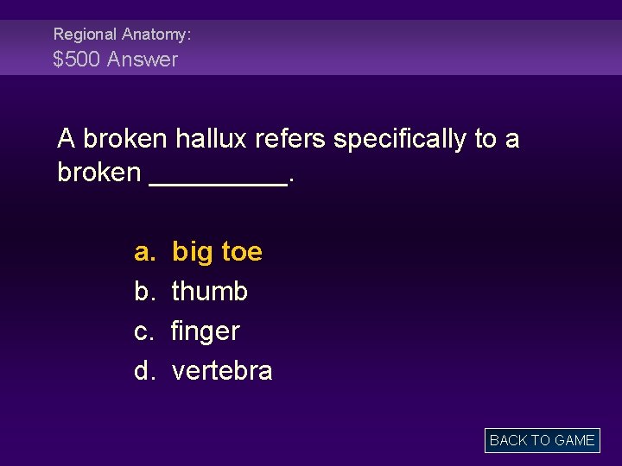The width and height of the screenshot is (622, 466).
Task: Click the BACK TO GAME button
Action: click(542, 440)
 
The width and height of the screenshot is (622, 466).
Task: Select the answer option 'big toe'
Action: click(217, 252)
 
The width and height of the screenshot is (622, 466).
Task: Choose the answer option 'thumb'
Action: click(210, 292)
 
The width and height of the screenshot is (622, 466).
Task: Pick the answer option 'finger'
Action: click(206, 331)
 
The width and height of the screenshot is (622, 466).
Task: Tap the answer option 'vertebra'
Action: click(222, 371)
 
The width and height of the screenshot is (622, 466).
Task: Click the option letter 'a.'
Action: click(143, 252)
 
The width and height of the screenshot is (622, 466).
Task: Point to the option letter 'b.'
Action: click(143, 292)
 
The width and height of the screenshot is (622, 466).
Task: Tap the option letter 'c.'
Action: click(143, 331)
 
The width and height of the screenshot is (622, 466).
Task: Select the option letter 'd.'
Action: click(143, 371)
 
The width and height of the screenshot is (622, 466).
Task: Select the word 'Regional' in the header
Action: click(85, 35)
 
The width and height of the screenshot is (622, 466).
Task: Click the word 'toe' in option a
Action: click(242, 252)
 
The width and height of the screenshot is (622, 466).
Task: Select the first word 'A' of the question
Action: click(66, 138)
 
